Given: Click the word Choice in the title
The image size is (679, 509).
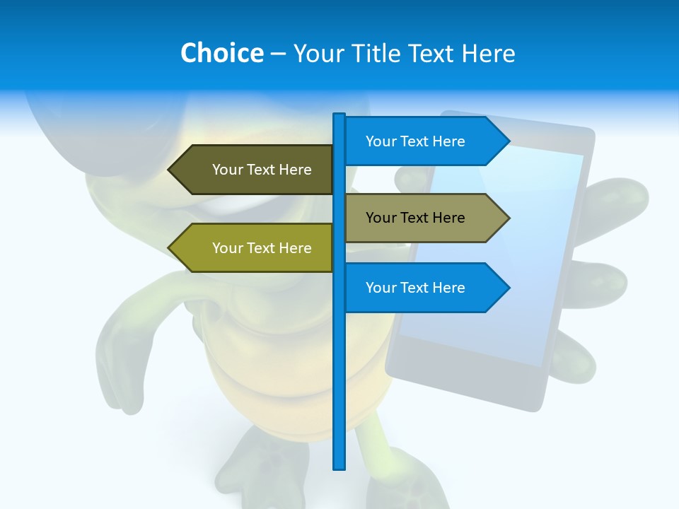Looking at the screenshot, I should point(221,53).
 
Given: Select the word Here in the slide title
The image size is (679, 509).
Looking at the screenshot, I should point(488,53).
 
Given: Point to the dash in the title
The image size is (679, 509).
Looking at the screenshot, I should point(278,54).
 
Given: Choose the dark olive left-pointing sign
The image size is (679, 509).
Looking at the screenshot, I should point(255,170).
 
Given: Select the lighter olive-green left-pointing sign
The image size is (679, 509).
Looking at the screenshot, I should point(255,248).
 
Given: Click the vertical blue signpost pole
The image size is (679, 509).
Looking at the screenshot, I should point(339,368).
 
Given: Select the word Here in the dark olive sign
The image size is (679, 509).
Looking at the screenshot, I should point(295,170).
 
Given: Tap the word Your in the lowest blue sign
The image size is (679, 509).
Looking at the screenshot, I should point(381,288).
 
